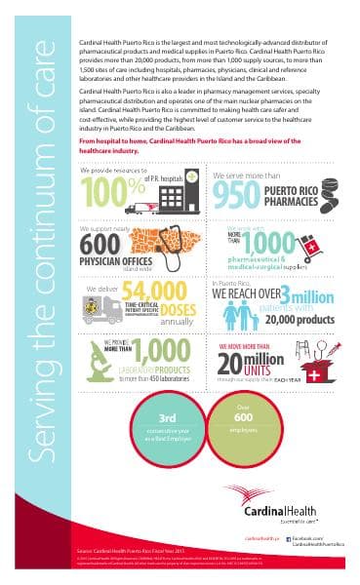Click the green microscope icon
pos(101,361)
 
